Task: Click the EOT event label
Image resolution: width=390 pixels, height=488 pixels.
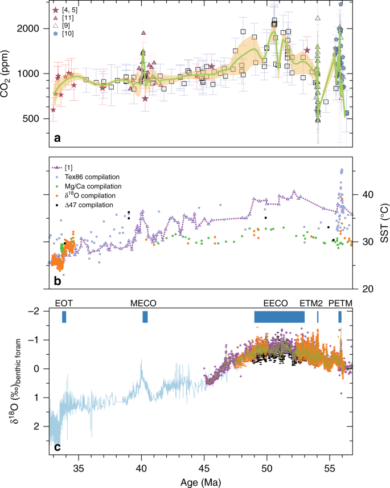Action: [x=64, y=303]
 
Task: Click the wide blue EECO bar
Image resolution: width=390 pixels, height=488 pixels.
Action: [x=280, y=317]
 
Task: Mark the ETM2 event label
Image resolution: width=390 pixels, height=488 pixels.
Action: [x=311, y=303]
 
